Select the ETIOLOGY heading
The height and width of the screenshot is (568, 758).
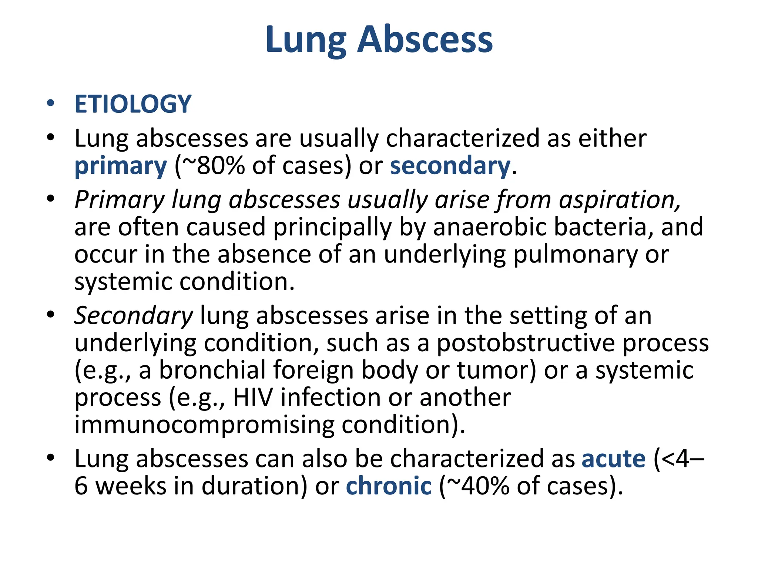133,104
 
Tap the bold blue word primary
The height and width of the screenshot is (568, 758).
121,166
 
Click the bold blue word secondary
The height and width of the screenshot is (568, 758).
450,166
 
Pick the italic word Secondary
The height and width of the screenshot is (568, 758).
134,316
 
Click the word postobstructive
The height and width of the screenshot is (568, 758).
526,343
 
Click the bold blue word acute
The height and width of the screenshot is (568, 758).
613,459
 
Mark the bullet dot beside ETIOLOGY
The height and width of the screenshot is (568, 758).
51,103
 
